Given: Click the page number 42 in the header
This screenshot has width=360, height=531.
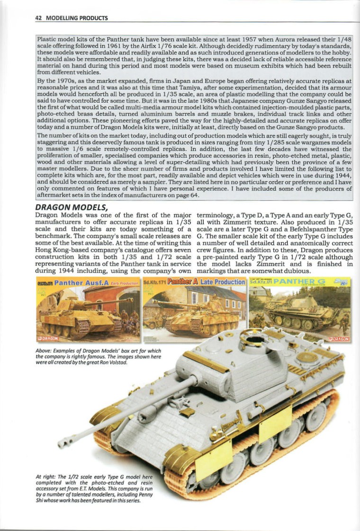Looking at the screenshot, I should pos(39,18).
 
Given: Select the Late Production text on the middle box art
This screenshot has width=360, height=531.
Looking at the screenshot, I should pos(222,283).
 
